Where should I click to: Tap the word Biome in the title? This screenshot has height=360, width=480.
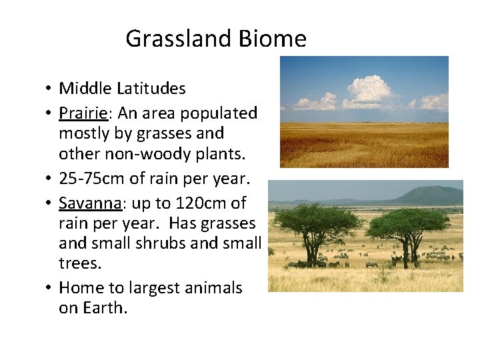[275, 39]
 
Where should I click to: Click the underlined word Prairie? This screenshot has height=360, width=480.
[81, 113]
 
